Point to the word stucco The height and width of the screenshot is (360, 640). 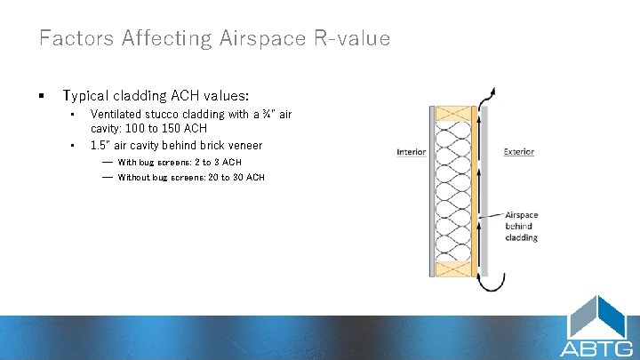pyautogui.click(x=163, y=115)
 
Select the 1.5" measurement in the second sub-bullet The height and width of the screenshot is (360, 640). pyautogui.click(x=101, y=145)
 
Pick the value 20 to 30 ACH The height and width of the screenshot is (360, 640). pyautogui.click(x=236, y=178)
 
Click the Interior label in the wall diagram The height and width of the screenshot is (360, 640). pyautogui.click(x=411, y=152)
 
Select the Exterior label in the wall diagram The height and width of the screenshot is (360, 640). pyautogui.click(x=518, y=152)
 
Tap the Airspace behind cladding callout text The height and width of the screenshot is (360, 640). pyautogui.click(x=521, y=226)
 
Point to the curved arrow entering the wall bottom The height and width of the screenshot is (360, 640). pyautogui.click(x=485, y=284)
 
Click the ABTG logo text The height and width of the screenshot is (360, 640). pyautogui.click(x=596, y=348)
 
